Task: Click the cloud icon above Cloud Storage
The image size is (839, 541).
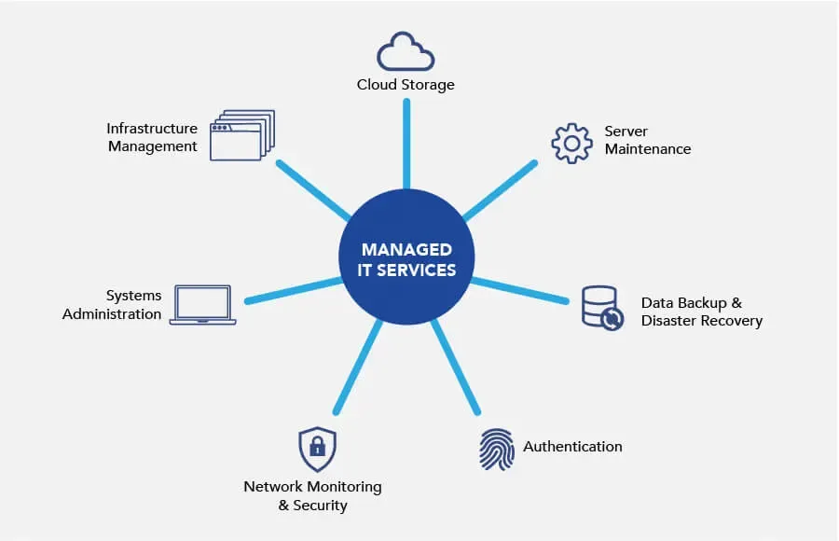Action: [406, 52]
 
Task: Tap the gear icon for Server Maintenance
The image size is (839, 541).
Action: [572, 142]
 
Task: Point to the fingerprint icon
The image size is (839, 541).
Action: [496, 449]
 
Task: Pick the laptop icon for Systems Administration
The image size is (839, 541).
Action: [202, 305]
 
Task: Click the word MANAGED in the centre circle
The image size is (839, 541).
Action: [406, 250]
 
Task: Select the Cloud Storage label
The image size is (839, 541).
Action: [406, 85]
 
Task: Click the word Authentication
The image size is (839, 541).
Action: [572, 446]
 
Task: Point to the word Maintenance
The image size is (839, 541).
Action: [648, 149]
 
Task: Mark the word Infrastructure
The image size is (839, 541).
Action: [152, 129]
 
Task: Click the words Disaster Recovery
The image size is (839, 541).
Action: [702, 321]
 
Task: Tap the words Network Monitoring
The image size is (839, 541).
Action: [312, 487]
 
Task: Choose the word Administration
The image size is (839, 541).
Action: [112, 314]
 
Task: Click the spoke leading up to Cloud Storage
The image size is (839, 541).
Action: [406, 145]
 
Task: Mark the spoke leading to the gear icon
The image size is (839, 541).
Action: [500, 190]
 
